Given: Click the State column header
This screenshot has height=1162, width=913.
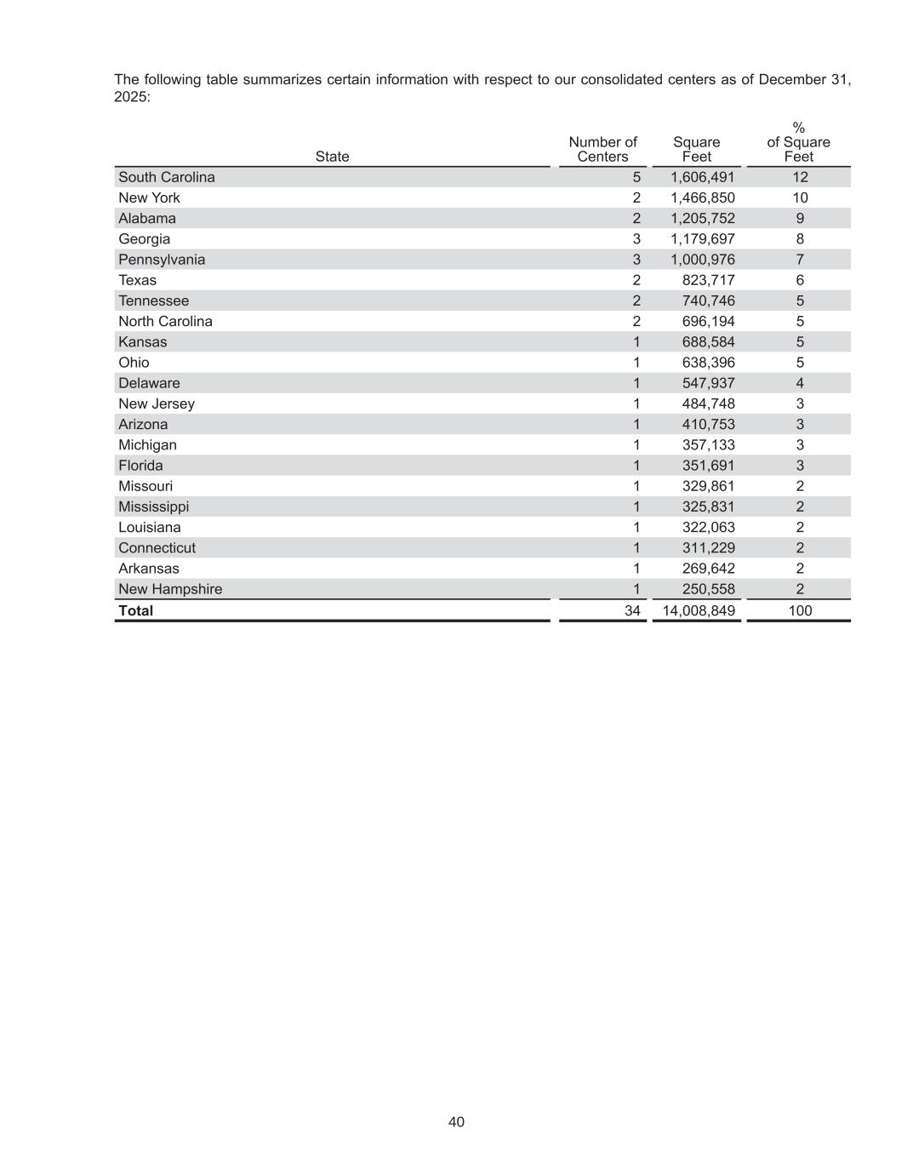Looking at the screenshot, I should pyautogui.click(x=332, y=157).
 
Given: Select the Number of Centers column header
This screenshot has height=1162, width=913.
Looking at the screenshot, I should pyautogui.click(x=602, y=149).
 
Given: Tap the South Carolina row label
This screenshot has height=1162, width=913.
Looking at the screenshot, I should pyautogui.click(x=167, y=177).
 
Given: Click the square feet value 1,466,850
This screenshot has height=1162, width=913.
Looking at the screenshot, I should pyautogui.click(x=703, y=197).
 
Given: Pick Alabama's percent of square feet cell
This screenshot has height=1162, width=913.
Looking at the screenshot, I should pyautogui.click(x=800, y=218).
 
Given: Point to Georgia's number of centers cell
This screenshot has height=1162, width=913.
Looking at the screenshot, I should pyautogui.click(x=636, y=239).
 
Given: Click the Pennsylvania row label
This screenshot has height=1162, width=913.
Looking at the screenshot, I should pyautogui.click(x=162, y=260).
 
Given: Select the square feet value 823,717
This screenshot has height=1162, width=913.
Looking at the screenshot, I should pyautogui.click(x=709, y=280).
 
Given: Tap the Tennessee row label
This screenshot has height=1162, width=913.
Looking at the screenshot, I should pyautogui.click(x=154, y=301).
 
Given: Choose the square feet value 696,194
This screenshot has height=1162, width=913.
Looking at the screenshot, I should pyautogui.click(x=709, y=321).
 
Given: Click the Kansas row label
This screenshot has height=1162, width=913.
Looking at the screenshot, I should pyautogui.click(x=143, y=341).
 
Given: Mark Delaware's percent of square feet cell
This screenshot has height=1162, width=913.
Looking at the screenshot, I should pyautogui.click(x=800, y=383).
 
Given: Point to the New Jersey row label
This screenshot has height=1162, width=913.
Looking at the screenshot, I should pyautogui.click(x=157, y=404).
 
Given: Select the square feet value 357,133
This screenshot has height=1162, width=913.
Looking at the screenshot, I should pyautogui.click(x=709, y=444).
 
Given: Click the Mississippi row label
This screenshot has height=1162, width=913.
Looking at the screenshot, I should pyautogui.click(x=154, y=507).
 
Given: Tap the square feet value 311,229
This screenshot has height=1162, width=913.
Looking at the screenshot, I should pyautogui.click(x=709, y=547).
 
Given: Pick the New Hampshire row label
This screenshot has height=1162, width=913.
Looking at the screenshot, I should pyautogui.click(x=170, y=589).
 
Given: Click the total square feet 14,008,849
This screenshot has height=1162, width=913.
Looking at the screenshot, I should pyautogui.click(x=699, y=610).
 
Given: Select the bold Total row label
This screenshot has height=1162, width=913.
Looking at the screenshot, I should pyautogui.click(x=136, y=610).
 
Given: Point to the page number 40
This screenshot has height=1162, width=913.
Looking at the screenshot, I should pyautogui.click(x=456, y=1122).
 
